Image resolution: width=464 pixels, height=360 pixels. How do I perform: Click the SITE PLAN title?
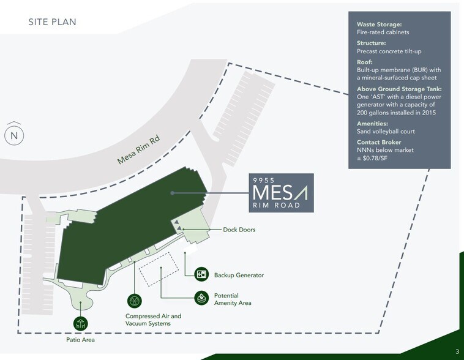click(53, 22)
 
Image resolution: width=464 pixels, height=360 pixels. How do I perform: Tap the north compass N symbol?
click(14, 135)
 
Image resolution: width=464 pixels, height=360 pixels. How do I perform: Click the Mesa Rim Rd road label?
click(138, 149)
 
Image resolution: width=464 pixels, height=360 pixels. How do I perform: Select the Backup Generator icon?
click(201, 274)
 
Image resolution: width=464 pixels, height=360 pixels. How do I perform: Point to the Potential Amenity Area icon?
click(201, 298)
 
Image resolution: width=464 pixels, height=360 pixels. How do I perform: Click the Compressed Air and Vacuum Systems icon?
click(134, 301)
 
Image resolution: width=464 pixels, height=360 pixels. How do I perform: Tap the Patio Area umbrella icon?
click(80, 324)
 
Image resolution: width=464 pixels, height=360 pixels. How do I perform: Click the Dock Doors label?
click(239, 230)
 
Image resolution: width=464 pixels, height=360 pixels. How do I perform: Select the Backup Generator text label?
click(239, 276)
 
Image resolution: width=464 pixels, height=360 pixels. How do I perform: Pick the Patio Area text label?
click(80, 340)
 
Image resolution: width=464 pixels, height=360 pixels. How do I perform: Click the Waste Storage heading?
click(380, 24)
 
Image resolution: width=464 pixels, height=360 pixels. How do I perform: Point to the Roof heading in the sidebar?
click(365, 62)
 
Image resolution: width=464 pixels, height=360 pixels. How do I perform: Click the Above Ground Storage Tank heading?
click(399, 89)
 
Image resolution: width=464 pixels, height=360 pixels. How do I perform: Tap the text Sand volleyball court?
click(386, 132)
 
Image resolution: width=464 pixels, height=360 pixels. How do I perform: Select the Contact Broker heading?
click(379, 143)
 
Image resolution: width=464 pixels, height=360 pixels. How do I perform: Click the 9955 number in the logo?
click(264, 180)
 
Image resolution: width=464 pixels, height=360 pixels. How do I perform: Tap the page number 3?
click(457, 351)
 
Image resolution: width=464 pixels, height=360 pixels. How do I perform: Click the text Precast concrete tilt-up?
click(389, 51)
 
